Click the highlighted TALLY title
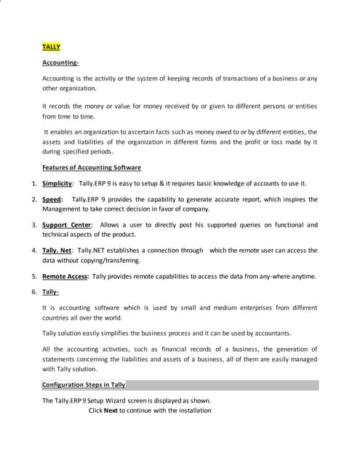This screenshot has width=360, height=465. pos(51,46)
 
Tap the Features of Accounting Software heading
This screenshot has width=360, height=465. pos(92,167)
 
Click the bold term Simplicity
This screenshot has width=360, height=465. pos(57,183)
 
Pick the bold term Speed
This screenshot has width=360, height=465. pos(52,199)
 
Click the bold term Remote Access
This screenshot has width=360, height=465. pos(65,276)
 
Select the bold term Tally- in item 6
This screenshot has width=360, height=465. pos(50,292)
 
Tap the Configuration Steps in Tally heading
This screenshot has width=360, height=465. pos(84,384)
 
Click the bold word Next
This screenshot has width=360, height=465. pos(111,411)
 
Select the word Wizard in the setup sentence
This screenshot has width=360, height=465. pos(122,400)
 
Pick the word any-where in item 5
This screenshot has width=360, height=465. pos(271,276)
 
